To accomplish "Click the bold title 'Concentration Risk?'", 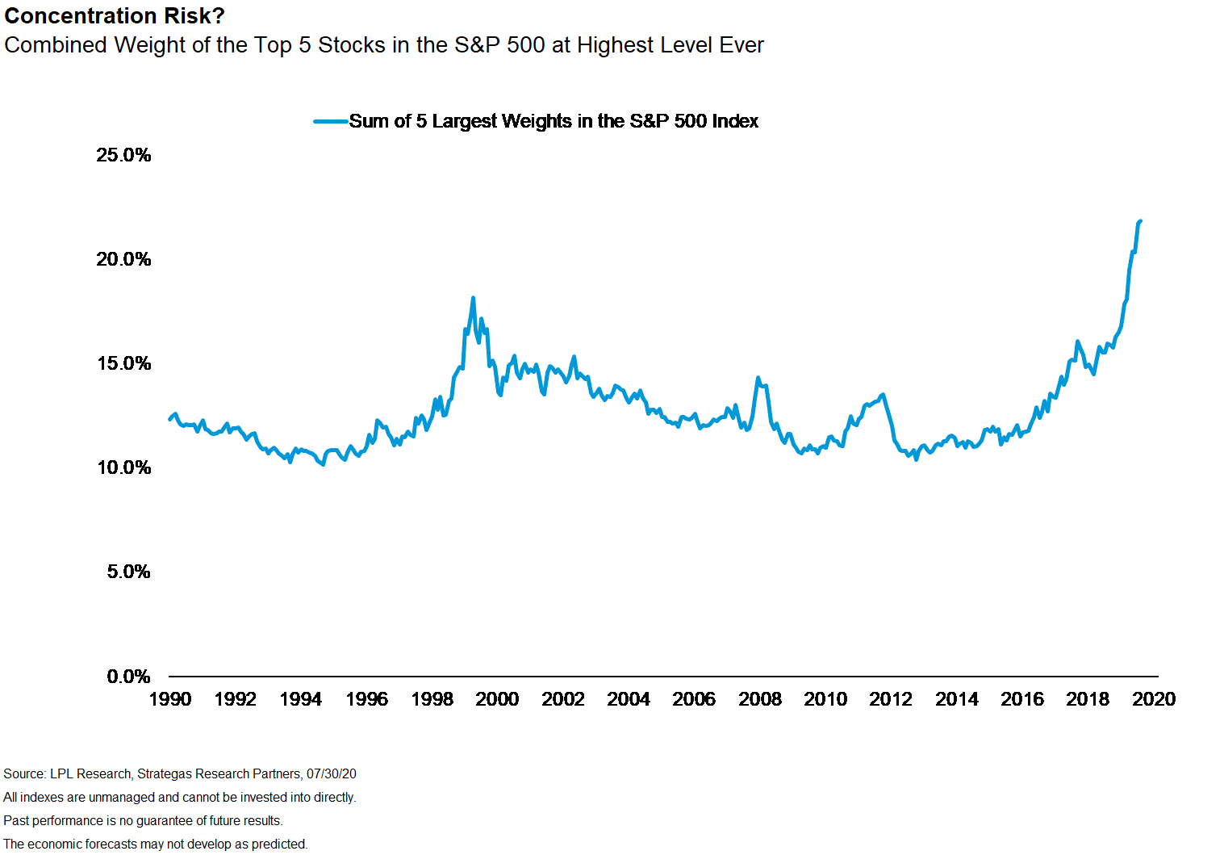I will pos(115,15).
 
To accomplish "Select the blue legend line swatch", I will pos(331,122).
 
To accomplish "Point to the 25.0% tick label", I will pos(123,155).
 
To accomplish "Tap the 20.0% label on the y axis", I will pos(123,259).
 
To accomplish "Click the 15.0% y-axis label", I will pos(123,363).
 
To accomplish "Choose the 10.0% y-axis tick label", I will pos(123,467).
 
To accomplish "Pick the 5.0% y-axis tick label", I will pos(128,572).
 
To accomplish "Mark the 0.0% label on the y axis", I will pos(128,677).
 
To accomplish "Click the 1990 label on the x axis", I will pos(170,699).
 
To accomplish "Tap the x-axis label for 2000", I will pos(497,699).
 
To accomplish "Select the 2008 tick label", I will pos(760,699).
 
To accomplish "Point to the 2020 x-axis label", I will pos(1154,699).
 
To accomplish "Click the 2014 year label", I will pos(957,699).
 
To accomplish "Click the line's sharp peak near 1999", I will pos(473,298).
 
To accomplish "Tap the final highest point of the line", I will pos(1140,221).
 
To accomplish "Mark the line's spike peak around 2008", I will pos(758,378).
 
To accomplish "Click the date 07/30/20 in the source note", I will pos(332,773).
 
